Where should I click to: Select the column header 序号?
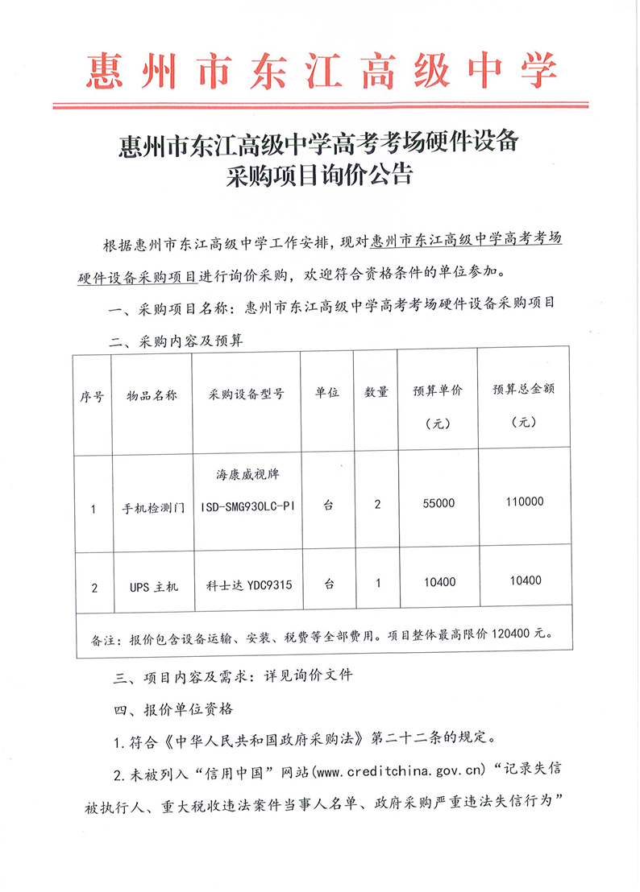click(92, 395)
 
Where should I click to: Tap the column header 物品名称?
click(152, 395)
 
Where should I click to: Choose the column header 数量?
click(376, 393)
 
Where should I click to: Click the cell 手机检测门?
click(153, 509)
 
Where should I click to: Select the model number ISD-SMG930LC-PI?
click(246, 509)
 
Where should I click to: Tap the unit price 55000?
click(438, 502)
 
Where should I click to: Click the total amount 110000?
click(525, 502)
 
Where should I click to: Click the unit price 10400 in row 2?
click(438, 581)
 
